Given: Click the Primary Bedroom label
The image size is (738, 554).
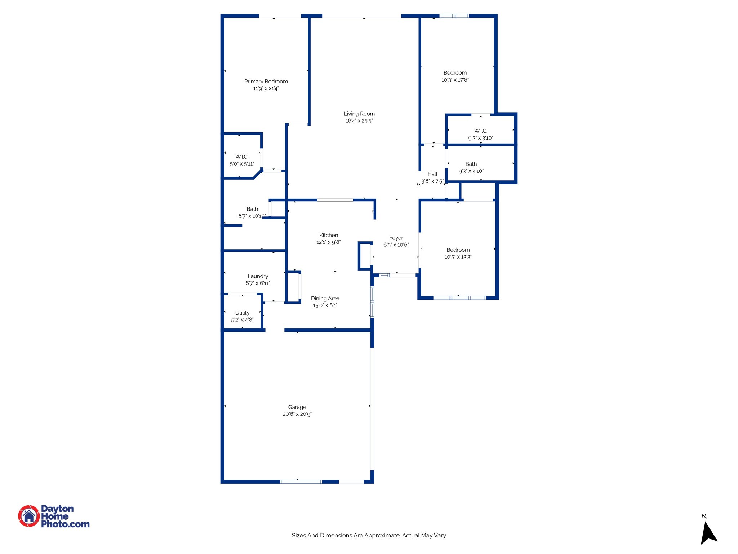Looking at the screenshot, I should [x=266, y=82].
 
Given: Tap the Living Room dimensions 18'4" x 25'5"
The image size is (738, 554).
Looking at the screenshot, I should [x=359, y=121].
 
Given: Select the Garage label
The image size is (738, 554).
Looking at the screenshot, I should [x=297, y=407].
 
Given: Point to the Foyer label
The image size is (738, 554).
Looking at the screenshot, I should [x=396, y=238].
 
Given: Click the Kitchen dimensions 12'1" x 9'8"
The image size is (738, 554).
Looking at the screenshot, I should [x=328, y=242].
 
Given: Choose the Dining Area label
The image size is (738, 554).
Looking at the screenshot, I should [x=325, y=299].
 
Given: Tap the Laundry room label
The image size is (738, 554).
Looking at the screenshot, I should [x=258, y=276].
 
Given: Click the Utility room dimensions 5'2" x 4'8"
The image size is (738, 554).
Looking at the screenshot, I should [x=242, y=320].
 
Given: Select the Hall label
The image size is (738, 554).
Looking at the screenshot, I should [x=432, y=174].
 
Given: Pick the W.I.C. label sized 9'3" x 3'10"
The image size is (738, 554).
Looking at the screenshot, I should [x=480, y=131].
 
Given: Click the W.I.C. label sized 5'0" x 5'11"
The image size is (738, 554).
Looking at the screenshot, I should [x=242, y=157].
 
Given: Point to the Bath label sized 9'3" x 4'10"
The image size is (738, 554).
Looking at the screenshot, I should [x=471, y=164].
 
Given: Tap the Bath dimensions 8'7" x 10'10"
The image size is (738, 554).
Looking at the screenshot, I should [x=252, y=216].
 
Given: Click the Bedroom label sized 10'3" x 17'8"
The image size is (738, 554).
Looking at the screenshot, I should [x=455, y=73].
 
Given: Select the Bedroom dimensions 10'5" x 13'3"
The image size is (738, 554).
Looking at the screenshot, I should [x=458, y=257].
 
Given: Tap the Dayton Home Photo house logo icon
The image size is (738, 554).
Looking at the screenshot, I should [x=29, y=516].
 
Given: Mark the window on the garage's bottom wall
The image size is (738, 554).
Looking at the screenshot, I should [x=301, y=482].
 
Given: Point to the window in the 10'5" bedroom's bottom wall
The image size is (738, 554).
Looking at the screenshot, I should [x=459, y=298].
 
